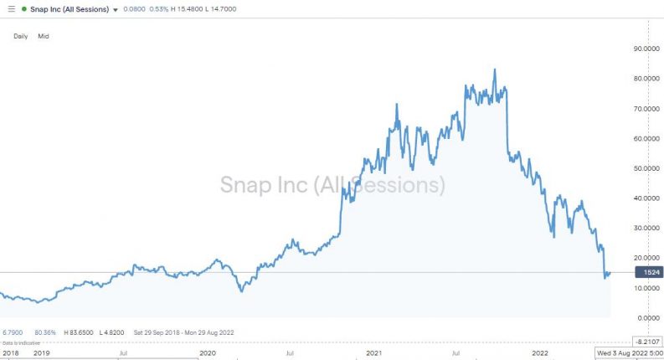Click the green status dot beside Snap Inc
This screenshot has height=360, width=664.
(24, 8)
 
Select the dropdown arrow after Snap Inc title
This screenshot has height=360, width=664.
(116, 9)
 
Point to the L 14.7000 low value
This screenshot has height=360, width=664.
(229, 8)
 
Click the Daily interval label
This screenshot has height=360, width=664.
(21, 36)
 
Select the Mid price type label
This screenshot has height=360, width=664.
(43, 36)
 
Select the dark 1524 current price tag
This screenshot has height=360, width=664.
(648, 273)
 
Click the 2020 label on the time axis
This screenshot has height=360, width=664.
(208, 353)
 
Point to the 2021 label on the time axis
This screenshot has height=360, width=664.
(373, 353)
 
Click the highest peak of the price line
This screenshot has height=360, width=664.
(494, 69)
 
